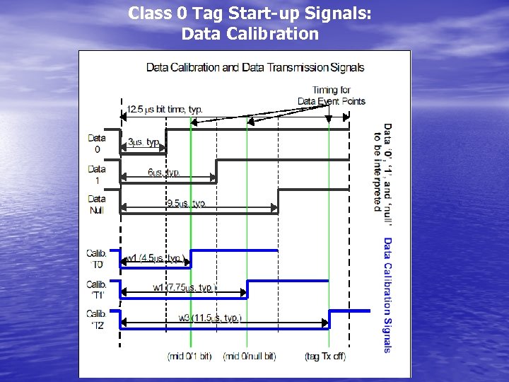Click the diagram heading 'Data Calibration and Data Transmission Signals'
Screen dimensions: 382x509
click(255, 68)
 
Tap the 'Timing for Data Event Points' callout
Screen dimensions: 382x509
click(331, 95)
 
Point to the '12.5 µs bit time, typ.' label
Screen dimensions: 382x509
click(165, 110)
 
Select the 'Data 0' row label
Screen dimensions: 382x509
click(97, 144)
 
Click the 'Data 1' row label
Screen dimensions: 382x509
click(97, 174)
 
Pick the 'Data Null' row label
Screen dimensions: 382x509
click(97, 204)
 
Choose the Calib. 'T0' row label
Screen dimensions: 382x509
click(97, 258)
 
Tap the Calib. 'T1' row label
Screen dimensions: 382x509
click(97, 289)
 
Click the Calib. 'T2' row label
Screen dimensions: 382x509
click(97, 319)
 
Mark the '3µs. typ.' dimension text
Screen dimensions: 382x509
click(144, 142)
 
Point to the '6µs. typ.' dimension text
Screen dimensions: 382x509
click(164, 173)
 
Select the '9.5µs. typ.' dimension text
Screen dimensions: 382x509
click(186, 203)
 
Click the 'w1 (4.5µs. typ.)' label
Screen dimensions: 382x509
click(156, 258)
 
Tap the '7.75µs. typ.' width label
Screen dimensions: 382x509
click(183, 287)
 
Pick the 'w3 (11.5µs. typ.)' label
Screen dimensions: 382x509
click(210, 318)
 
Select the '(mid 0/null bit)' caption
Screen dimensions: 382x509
click(250, 356)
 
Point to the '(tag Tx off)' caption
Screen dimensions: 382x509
click(325, 356)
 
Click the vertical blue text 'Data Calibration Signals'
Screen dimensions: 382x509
click(387, 294)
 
